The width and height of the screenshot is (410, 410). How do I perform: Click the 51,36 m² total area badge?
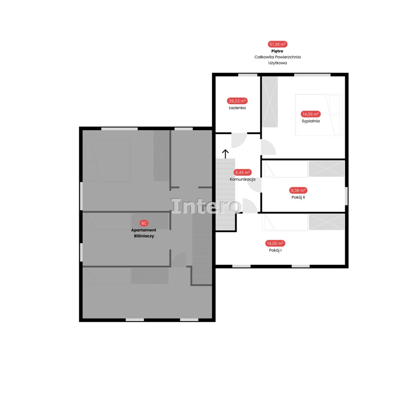(x=278, y=44)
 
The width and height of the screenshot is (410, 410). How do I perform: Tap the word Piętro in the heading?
(x=277, y=51)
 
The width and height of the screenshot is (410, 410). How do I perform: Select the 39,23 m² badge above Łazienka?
(x=237, y=101)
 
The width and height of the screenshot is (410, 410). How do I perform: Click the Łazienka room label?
(x=237, y=108)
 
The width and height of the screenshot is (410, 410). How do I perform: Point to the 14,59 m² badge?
(x=310, y=114)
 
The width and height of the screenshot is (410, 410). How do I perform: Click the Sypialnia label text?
(x=310, y=121)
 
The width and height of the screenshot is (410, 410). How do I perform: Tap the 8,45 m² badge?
(x=243, y=172)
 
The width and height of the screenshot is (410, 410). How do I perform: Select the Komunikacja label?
(x=243, y=179)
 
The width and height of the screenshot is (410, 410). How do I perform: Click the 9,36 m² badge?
(x=298, y=190)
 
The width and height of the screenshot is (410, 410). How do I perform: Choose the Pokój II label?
(x=298, y=197)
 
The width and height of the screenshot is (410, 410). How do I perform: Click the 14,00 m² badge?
(x=275, y=243)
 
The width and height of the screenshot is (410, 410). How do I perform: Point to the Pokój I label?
(x=275, y=250)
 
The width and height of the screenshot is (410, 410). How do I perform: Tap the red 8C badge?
(x=144, y=223)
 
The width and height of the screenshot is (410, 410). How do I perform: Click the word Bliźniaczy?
(x=144, y=236)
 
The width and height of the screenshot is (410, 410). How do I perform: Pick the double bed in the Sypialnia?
(x=319, y=115)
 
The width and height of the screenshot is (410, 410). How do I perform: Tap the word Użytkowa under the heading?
(x=278, y=63)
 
